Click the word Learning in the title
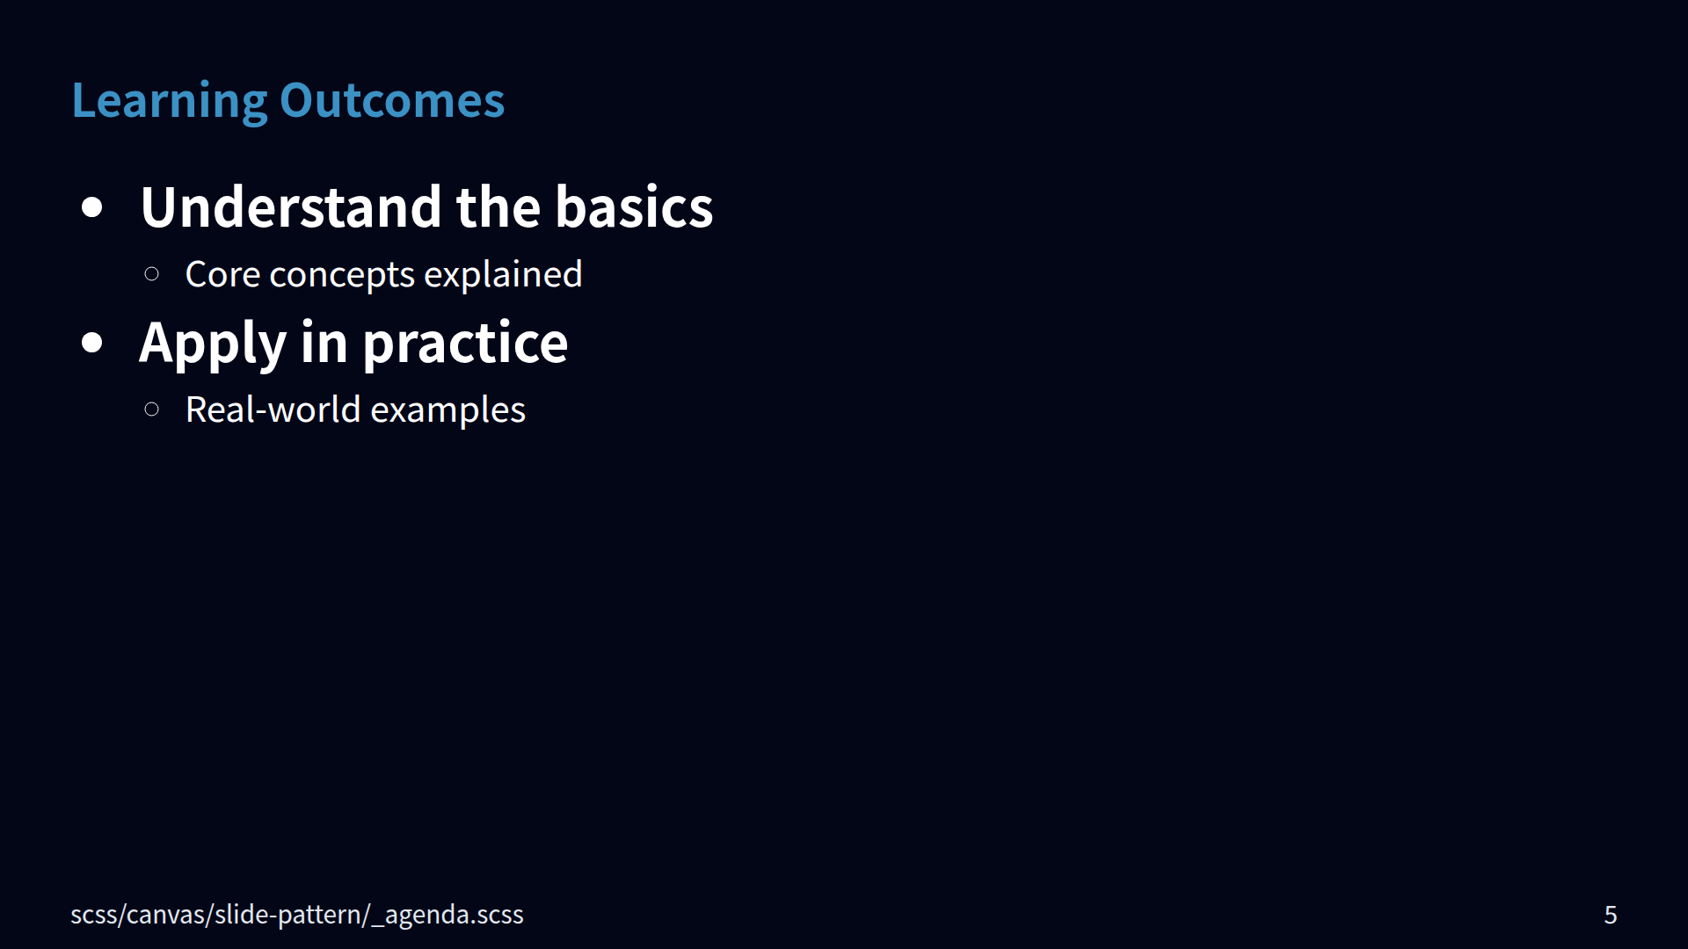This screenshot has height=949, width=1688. point(170,102)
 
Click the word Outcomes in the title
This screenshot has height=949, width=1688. point(392,100)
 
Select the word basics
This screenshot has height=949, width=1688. point(634,207)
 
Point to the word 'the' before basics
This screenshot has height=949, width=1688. point(498,207)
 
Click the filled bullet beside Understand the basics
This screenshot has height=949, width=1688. point(92,208)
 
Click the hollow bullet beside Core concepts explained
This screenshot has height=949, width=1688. point(151,274)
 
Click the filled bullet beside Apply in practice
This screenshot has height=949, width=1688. point(92,343)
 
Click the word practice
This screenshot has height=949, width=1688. point(465,344)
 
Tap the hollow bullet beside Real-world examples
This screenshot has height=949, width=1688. point(151,409)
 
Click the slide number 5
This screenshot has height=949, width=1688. point(1611,915)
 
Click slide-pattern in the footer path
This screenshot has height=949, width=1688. point(288,915)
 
